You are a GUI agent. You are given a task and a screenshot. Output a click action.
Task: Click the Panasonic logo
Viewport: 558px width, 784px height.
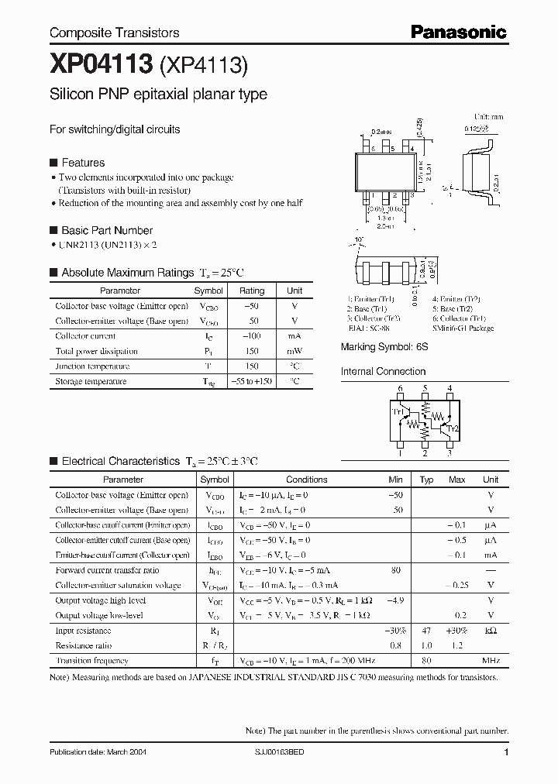click(458, 32)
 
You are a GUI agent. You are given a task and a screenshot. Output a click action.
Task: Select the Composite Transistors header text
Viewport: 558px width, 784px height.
click(114, 33)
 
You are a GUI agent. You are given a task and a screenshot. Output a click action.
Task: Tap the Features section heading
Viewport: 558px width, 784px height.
click(82, 163)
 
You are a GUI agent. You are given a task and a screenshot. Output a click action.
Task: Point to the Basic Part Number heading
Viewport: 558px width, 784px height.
click(106, 230)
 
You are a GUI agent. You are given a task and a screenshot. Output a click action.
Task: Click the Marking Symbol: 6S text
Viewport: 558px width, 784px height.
click(384, 347)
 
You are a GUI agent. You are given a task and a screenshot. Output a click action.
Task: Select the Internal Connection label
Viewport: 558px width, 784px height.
click(384, 371)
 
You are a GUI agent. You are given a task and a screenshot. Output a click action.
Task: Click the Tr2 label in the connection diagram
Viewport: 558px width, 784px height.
click(453, 428)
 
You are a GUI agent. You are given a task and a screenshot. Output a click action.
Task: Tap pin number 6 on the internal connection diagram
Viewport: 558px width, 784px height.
click(400, 388)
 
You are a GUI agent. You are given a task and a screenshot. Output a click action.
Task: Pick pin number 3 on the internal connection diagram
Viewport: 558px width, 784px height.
click(449, 454)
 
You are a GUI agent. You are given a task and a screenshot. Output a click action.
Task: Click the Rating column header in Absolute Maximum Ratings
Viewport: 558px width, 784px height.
click(252, 291)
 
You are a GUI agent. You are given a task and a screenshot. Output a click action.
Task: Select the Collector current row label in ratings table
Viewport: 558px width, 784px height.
click(85, 336)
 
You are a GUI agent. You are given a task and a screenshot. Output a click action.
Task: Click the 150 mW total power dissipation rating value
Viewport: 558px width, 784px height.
click(252, 351)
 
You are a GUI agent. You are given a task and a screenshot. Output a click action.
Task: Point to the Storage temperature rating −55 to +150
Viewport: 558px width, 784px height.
click(252, 381)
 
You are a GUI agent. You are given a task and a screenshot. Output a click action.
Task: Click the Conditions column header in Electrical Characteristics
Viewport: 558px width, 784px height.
click(307, 480)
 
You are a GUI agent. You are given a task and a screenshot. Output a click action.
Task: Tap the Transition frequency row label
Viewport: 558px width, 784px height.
click(91, 661)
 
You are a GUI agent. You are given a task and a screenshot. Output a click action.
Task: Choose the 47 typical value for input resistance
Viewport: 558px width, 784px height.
click(425, 631)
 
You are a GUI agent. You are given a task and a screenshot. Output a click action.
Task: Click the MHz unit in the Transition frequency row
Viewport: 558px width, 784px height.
click(490, 661)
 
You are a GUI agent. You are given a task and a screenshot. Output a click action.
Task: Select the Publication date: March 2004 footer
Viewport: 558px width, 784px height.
click(98, 753)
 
